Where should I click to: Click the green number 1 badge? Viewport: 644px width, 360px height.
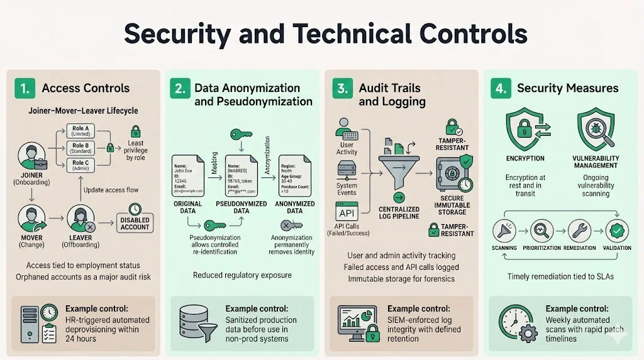24,89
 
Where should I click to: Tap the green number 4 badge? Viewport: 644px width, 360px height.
500,89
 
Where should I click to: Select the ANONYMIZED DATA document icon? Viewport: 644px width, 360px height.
296,178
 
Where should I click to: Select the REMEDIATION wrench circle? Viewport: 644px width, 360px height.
579,231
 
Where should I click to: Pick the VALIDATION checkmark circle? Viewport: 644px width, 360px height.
617,231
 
